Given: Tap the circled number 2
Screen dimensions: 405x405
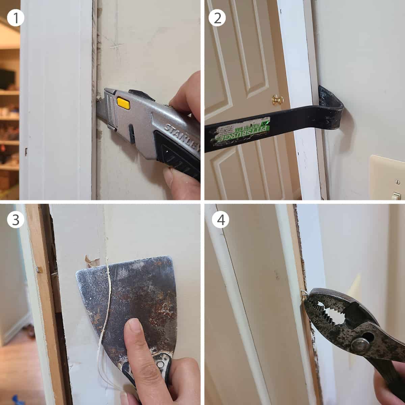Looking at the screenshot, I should [x=217, y=18].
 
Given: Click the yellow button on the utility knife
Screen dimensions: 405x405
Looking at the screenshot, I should [x=123, y=103].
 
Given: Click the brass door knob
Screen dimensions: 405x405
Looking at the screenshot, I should [x=278, y=100].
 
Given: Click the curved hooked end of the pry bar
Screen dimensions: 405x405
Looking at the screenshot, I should [x=332, y=108].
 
